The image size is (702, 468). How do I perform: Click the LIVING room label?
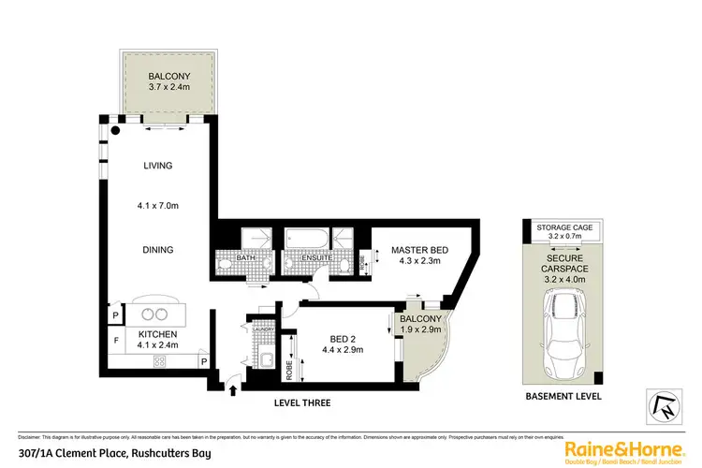pos(157,166)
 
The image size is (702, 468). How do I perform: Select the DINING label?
pos(157,250)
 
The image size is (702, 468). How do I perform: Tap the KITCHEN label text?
pos(157,333)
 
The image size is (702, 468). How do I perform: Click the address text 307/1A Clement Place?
pos(113,454)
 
